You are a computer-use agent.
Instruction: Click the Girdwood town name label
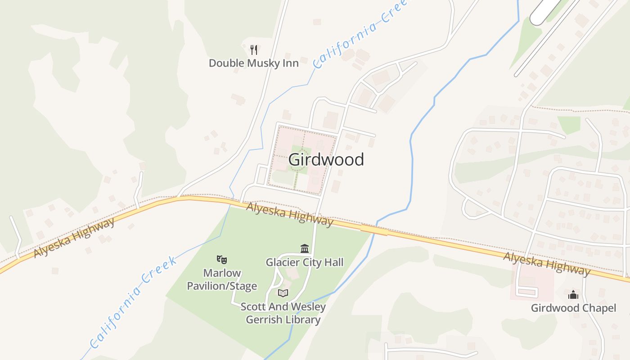coord(326,159)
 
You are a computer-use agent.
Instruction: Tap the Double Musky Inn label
coord(254,63)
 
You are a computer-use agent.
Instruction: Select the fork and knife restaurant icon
coord(254,49)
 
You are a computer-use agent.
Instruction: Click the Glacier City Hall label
coord(305,262)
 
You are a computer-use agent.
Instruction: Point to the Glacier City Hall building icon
coord(305,249)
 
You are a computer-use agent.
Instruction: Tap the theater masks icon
coord(221,259)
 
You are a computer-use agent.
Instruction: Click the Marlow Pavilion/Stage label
coord(222,279)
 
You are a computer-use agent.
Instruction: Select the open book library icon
coord(283,293)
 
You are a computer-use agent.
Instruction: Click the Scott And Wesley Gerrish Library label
coord(283,313)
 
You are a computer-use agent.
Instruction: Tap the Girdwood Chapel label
coord(573,308)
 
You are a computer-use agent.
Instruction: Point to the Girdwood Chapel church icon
coord(573,295)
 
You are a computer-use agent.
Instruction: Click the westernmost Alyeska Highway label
coord(74,238)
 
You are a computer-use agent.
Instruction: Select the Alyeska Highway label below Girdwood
coord(290,214)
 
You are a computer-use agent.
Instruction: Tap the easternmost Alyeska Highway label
coord(547,263)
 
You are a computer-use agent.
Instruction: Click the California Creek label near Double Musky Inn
coord(360,34)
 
